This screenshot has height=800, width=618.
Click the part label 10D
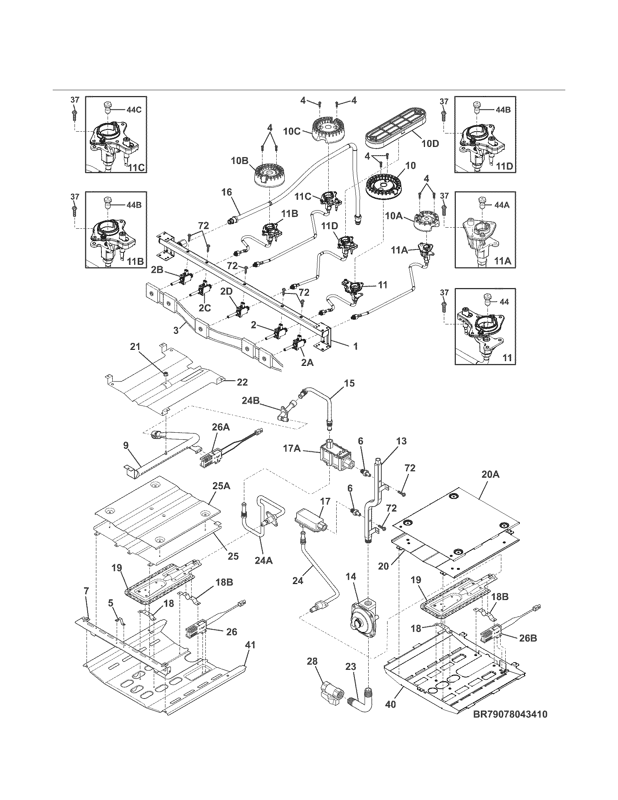pyautogui.click(x=429, y=144)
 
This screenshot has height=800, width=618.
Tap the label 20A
pyautogui.click(x=490, y=475)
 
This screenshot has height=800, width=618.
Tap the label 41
pyautogui.click(x=250, y=645)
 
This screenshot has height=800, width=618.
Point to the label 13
pyautogui.click(x=401, y=441)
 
